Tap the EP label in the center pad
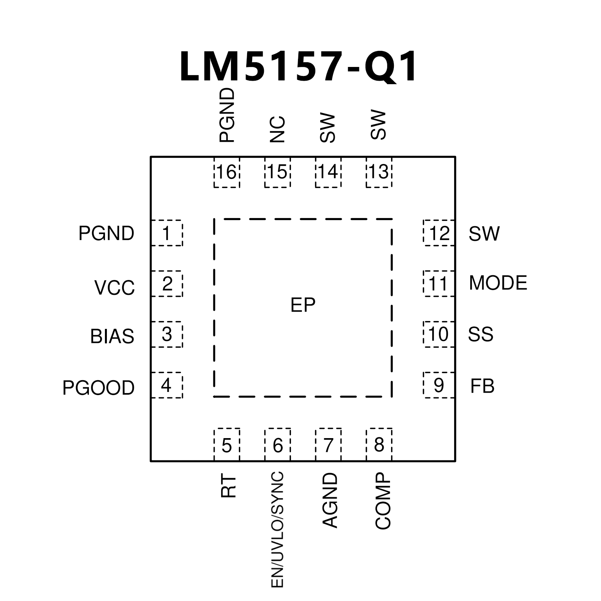tap(303, 305)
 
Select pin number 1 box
tap(167, 233)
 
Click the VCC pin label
tap(114, 288)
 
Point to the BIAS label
tap(112, 336)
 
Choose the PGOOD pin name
tap(98, 388)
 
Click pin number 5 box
tap(227, 445)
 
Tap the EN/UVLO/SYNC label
tap(277, 529)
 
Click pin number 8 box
tap(379, 445)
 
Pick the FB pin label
tap(482, 386)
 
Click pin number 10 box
tap(439, 334)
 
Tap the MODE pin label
tap(498, 283)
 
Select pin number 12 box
tap(439, 233)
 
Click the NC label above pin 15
tap(277, 129)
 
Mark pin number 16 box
tap(227, 172)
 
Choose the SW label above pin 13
tap(378, 125)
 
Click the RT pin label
tap(229, 487)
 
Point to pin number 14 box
tap(328, 172)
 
